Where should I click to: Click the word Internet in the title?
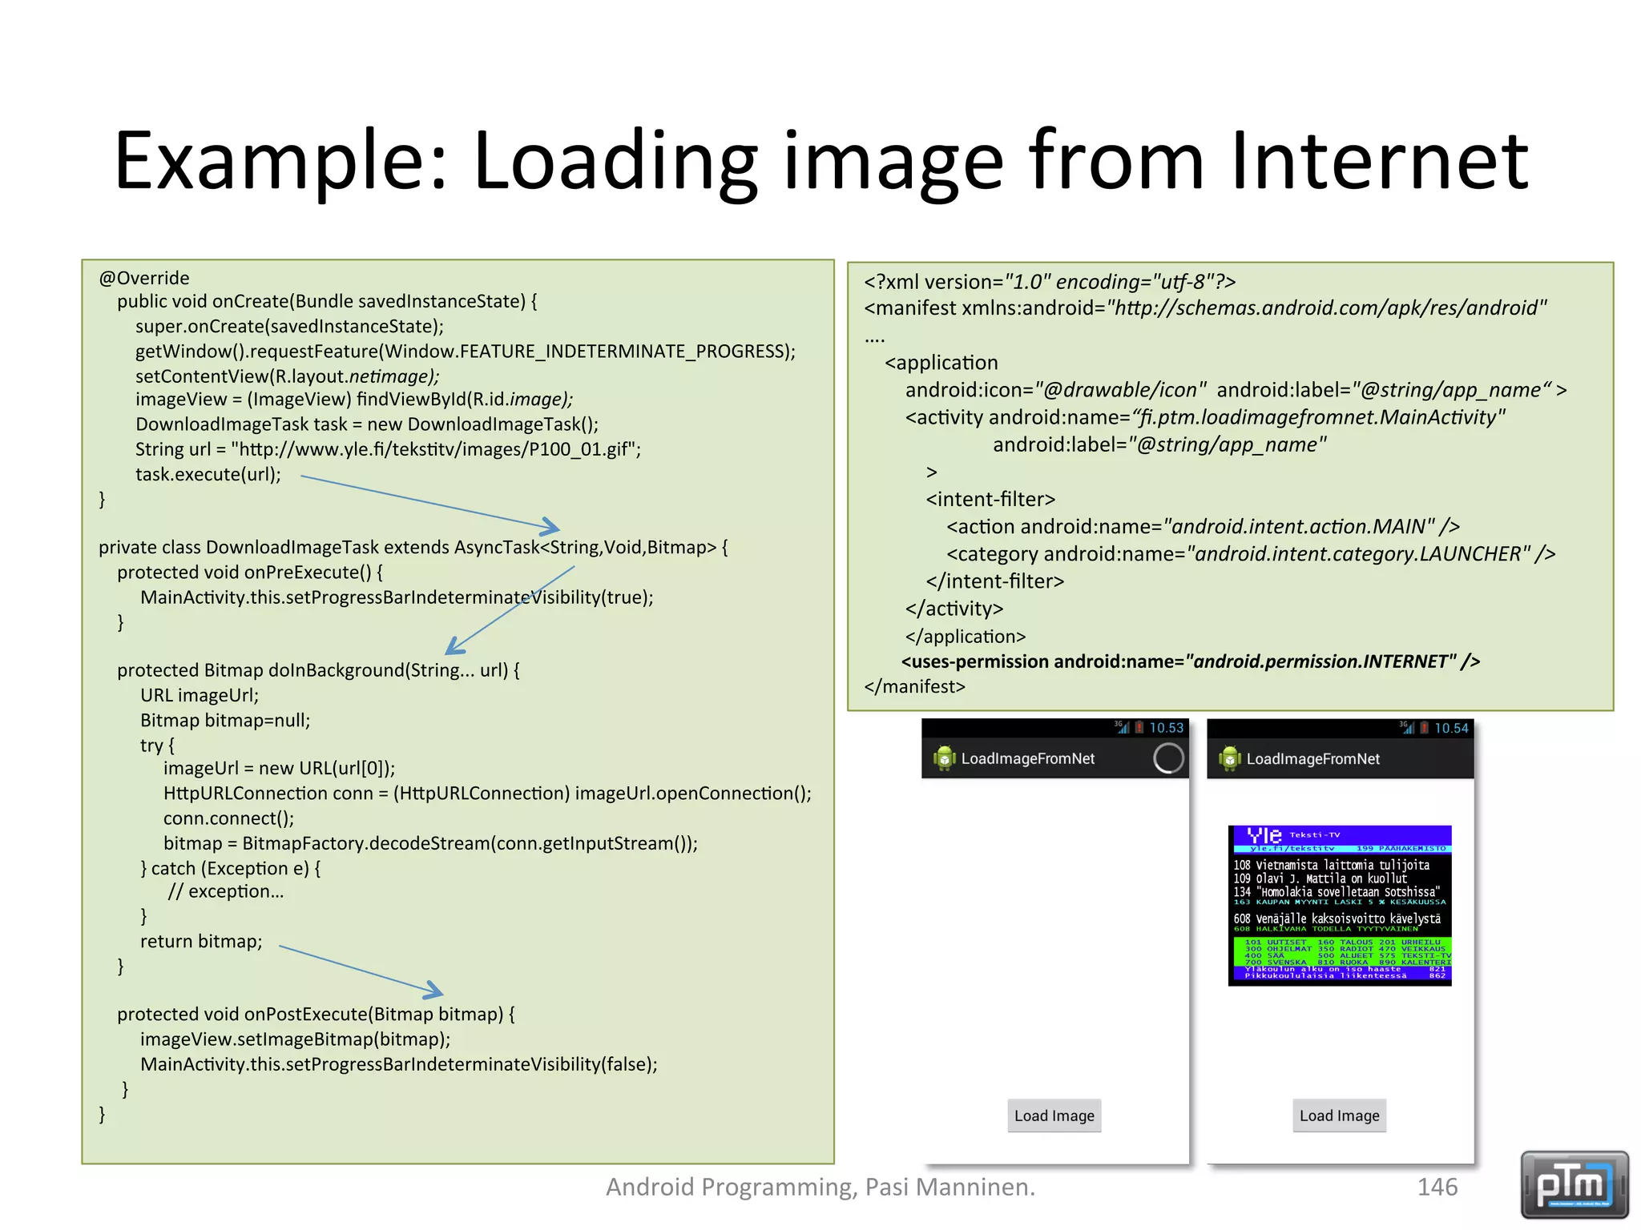pos(1378,162)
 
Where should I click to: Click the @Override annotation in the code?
pos(144,278)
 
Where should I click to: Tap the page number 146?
pos(1437,1186)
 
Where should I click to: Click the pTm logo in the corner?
pos(1574,1184)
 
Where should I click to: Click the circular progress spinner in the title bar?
pos(1167,758)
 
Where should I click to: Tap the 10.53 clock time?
pos(1166,728)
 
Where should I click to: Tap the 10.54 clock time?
pos(1451,728)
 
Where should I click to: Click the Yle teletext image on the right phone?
pos(1340,905)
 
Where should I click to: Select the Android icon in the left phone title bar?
pos(945,758)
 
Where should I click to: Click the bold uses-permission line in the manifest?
pos(1190,661)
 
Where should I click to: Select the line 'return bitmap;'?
pos(201,941)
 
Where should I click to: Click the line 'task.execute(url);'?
pos(208,474)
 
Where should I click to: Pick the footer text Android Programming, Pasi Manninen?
pos(820,1186)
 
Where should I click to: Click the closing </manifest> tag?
pos(914,686)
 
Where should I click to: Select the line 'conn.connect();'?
pos(228,818)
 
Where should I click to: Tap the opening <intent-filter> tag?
pos(990,499)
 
